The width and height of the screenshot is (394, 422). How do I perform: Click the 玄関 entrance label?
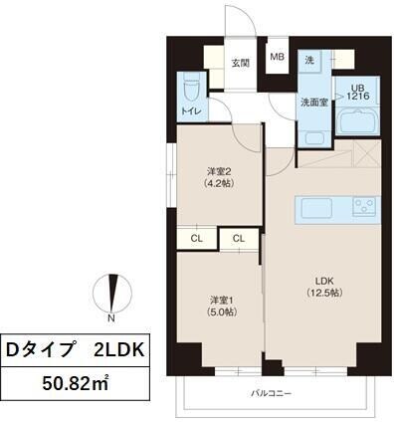point(240,62)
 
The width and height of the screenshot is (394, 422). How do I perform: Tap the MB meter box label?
point(277,58)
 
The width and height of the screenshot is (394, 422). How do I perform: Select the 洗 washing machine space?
point(310,61)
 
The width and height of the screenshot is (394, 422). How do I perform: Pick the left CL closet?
point(197,238)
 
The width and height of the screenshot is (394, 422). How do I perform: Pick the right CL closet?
point(239,238)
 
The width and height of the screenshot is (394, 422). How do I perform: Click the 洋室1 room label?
point(220,300)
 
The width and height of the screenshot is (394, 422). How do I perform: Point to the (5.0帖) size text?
point(220,313)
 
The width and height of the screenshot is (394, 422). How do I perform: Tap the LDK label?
point(322,280)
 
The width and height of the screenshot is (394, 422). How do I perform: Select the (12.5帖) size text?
point(322,293)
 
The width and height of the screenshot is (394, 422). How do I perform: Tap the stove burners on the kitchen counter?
point(362,208)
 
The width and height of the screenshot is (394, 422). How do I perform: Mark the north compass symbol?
point(112,293)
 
